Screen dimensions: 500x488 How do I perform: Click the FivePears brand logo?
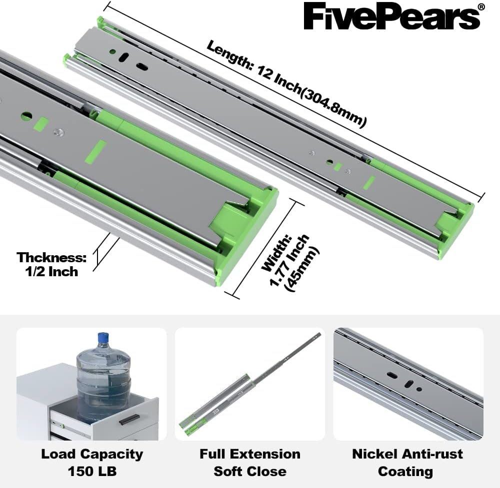[x=392, y=16]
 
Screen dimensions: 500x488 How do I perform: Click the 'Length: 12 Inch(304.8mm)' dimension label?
[x=286, y=84]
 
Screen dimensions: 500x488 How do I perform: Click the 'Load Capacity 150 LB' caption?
[x=92, y=463]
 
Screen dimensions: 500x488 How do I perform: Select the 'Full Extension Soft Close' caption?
[x=250, y=463]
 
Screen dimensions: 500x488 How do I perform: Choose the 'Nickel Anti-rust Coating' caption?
[x=407, y=463]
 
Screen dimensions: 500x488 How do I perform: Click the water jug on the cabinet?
[x=103, y=378]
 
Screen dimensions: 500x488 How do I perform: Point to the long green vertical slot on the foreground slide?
[x=96, y=152]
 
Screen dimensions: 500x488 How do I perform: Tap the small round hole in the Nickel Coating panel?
[x=419, y=389]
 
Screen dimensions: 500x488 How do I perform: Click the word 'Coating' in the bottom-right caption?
[x=405, y=472]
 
